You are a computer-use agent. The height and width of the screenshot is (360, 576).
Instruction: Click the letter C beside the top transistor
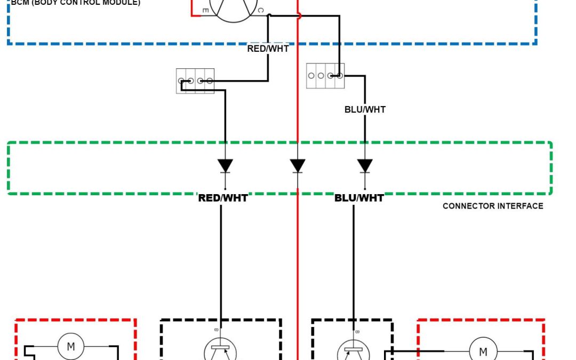(x=260, y=10)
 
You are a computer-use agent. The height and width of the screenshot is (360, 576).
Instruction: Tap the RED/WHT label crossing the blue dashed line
(x=268, y=49)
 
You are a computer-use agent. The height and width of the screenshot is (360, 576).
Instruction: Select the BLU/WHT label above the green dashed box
(x=365, y=109)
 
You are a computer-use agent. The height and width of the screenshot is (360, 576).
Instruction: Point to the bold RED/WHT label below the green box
(x=223, y=198)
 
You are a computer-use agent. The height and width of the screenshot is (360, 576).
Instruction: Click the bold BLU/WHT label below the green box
(x=359, y=198)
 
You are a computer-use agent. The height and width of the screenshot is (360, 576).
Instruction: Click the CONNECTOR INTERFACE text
(x=493, y=206)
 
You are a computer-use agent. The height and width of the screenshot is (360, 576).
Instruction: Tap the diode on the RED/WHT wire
(x=225, y=166)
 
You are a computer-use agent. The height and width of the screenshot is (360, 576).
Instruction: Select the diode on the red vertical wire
(x=298, y=166)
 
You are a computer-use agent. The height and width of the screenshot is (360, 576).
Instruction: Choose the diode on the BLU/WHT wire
(x=365, y=166)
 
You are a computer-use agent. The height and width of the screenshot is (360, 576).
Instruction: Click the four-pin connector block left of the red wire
(x=195, y=81)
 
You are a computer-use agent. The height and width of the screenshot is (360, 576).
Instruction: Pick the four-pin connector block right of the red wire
(x=325, y=76)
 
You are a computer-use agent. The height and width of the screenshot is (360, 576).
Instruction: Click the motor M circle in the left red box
(x=70, y=347)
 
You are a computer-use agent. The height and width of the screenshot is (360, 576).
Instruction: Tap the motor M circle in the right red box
(x=483, y=351)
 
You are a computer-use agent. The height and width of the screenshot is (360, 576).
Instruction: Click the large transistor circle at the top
(x=233, y=8)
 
